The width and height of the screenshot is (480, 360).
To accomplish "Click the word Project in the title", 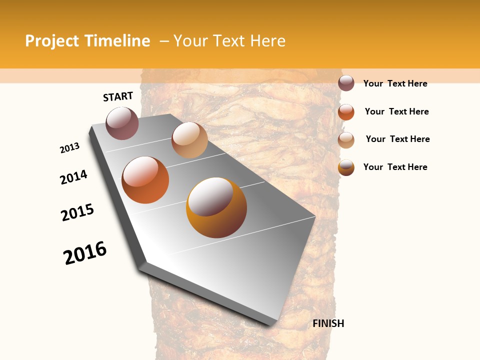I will click(x=52, y=41).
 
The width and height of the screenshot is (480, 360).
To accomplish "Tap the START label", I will click(x=118, y=96).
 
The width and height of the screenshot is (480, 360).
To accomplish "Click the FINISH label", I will click(x=328, y=323).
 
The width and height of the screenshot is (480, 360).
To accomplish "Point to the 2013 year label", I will click(x=70, y=148).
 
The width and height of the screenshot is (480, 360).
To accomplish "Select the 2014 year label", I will click(x=74, y=177).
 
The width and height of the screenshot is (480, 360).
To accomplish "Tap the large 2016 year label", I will click(x=85, y=253).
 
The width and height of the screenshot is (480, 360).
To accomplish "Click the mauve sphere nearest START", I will click(x=122, y=123).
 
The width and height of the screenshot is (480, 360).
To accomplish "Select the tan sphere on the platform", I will click(x=189, y=140).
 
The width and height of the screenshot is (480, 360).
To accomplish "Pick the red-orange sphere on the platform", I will click(x=145, y=180).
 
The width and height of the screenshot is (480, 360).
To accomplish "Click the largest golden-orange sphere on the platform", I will click(x=216, y=207).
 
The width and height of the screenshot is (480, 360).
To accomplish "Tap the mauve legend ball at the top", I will click(x=346, y=83).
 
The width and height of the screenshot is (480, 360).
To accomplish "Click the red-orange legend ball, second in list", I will click(x=346, y=112).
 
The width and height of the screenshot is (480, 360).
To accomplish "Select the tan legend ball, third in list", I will click(x=346, y=140).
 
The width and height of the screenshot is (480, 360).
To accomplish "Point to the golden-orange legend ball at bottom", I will click(x=346, y=167).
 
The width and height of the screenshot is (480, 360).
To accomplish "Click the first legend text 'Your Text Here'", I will click(x=395, y=83).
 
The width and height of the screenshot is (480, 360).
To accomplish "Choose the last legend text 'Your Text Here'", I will click(x=395, y=167).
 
